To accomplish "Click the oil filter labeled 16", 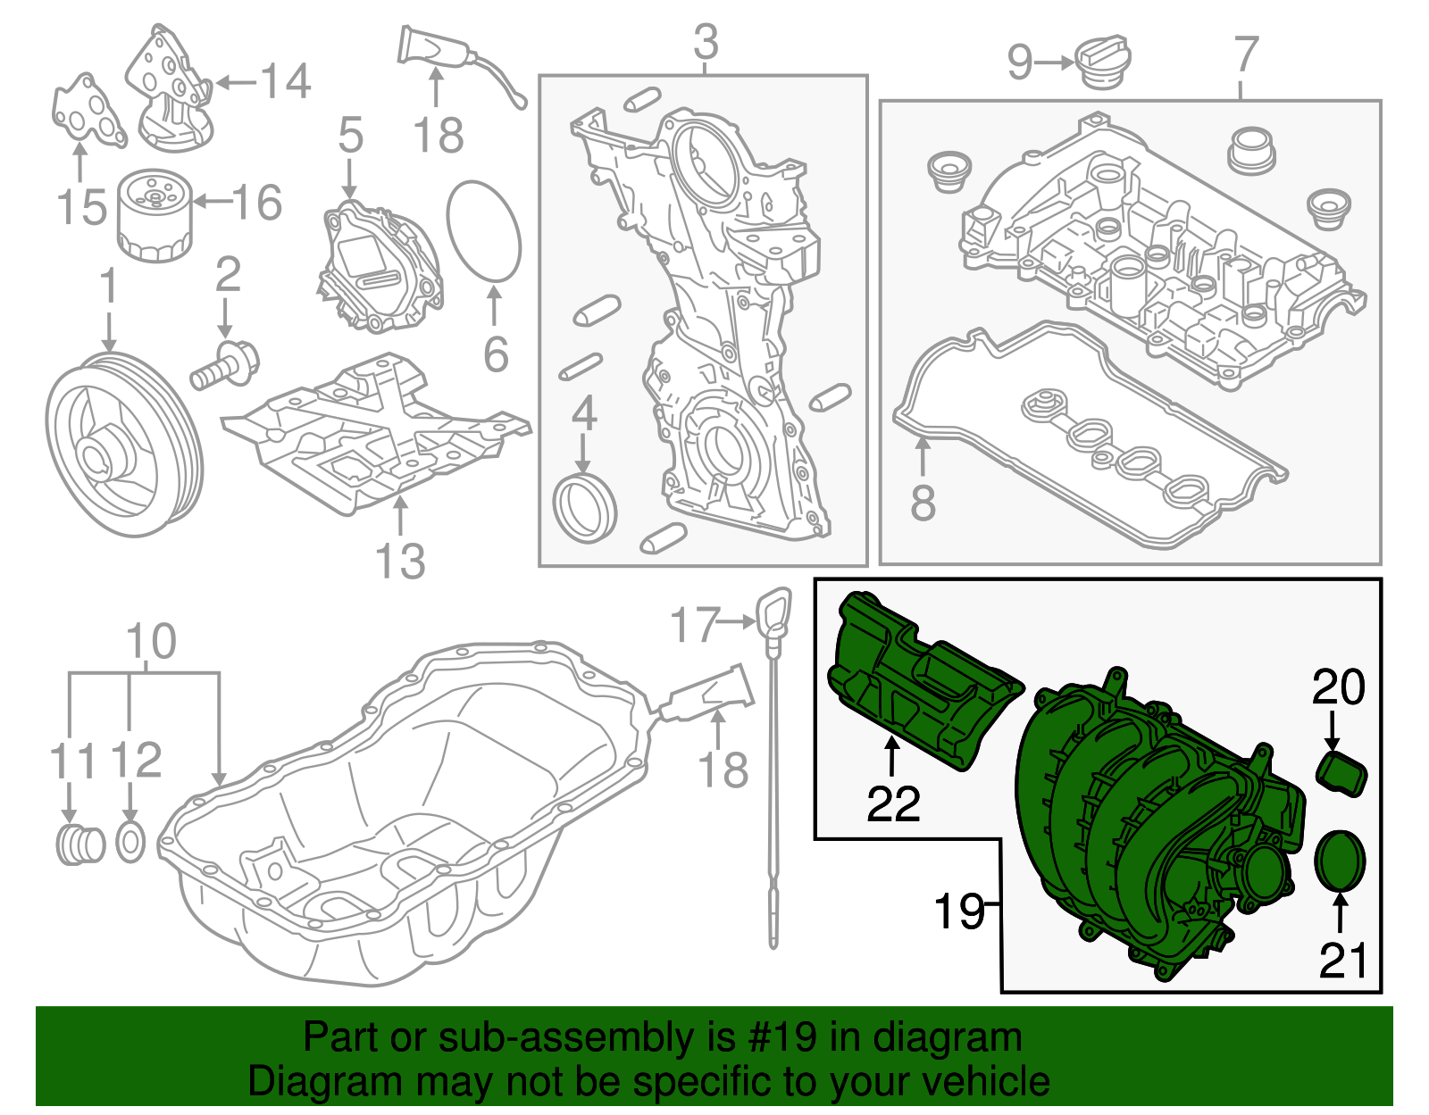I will (x=154, y=218).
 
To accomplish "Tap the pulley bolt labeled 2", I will (x=224, y=366).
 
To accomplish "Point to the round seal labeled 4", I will (x=585, y=510).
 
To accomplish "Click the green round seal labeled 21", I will (x=1341, y=861).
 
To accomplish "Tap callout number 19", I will (x=958, y=911).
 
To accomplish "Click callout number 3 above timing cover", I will (x=706, y=42).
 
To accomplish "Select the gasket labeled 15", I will (x=87, y=112).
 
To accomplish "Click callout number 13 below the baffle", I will (x=400, y=561).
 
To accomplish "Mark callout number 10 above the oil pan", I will (x=151, y=641).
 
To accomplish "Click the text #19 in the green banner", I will (x=776, y=1037).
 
